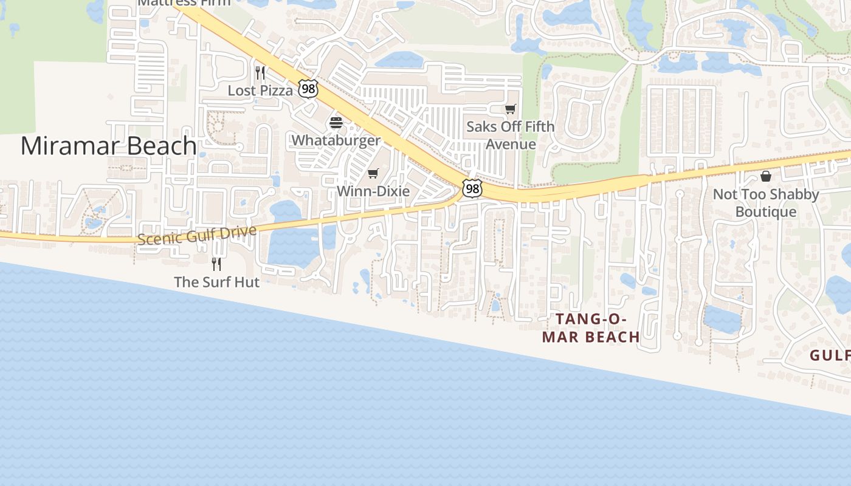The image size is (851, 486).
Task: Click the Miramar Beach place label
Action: [108, 146]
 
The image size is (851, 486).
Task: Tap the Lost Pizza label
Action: [260, 91]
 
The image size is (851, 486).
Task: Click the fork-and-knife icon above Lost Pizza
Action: [260, 73]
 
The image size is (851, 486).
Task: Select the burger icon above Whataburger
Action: [336, 123]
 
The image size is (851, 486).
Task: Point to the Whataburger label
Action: [336, 140]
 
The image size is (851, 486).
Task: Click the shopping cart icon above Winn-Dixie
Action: [373, 174]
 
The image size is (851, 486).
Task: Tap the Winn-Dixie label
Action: [373, 191]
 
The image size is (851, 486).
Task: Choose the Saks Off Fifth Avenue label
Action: [511, 135]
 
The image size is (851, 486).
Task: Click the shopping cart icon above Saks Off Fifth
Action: [511, 109]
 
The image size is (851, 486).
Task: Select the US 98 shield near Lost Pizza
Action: [308, 89]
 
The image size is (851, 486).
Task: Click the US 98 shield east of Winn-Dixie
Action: [472, 188]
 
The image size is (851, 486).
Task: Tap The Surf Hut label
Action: [216, 282]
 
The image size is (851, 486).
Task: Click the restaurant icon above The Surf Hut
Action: [216, 264]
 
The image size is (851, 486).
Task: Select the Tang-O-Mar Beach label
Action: [591, 328]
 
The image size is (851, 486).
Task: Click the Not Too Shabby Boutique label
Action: [766, 203]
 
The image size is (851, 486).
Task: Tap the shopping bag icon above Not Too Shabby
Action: [766, 176]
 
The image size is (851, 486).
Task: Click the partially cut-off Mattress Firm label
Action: [184, 2]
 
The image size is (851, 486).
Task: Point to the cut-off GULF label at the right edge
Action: [830, 355]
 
